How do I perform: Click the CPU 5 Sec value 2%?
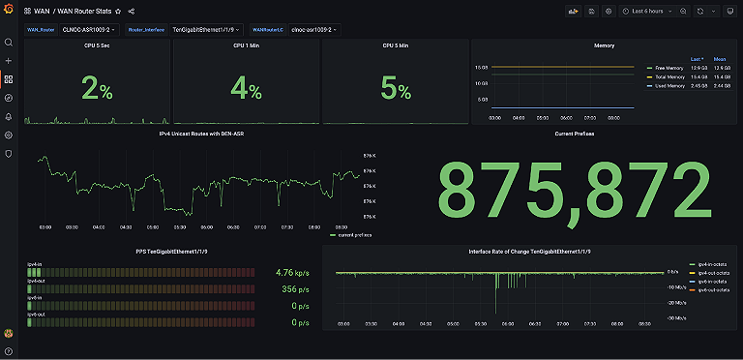[x=98, y=90]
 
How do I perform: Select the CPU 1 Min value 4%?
[x=247, y=90]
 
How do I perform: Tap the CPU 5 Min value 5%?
[x=396, y=90]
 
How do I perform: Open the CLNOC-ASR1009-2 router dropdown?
[x=90, y=29]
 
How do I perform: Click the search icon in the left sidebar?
[x=9, y=43]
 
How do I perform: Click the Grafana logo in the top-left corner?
[x=9, y=11]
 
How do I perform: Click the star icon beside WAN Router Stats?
[x=118, y=11]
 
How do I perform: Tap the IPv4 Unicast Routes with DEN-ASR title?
[x=202, y=134]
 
